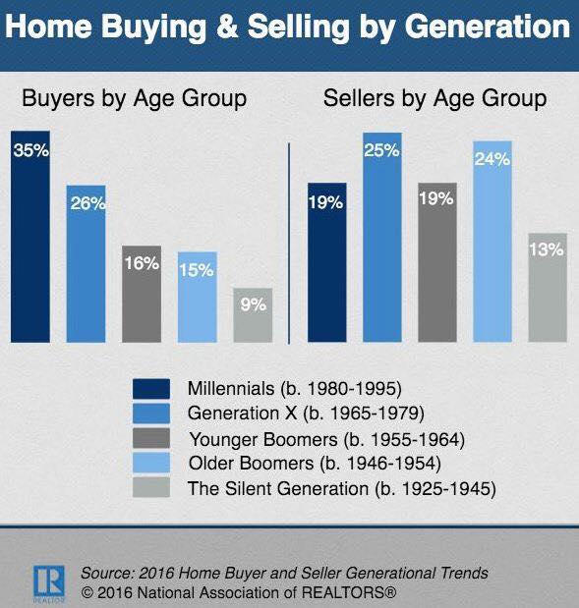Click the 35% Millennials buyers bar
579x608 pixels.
coord(30,237)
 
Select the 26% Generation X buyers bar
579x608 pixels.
coord(86,263)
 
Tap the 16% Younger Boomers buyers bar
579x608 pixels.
coord(142,294)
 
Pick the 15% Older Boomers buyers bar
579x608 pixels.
coord(198,297)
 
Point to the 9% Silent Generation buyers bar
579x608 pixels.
coord(253,315)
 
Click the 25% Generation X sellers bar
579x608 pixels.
coord(382,238)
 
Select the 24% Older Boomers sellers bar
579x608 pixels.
coord(492,242)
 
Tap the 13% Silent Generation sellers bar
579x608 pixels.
coord(548,288)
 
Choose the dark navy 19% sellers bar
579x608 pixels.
coord(326,262)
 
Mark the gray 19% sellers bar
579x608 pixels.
coord(437,262)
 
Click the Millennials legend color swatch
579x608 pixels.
coord(151,389)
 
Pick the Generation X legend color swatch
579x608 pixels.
coord(151,414)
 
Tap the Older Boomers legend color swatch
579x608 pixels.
coord(151,463)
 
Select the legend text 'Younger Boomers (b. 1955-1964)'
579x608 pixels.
coord(326,440)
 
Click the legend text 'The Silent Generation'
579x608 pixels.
coord(278,488)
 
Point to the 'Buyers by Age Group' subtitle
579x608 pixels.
coord(135,99)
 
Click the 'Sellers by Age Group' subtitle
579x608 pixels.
coord(435,99)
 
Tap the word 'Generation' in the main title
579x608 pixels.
coord(487,27)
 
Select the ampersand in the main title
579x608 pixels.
coord(227,27)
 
